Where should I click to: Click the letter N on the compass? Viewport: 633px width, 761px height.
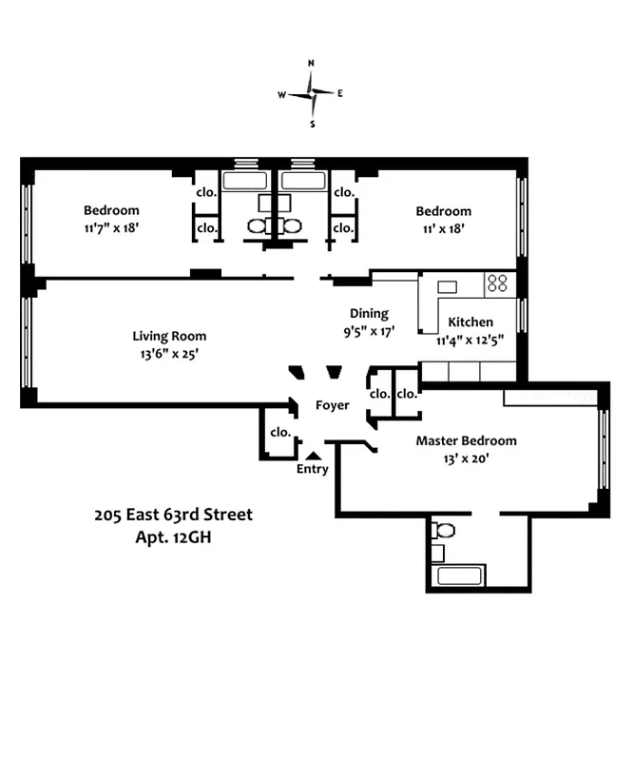tap(311, 64)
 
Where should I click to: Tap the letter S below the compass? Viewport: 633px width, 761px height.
tap(312, 124)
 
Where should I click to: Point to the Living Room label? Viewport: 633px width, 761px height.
tap(169, 336)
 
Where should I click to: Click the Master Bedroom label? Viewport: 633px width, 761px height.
tap(466, 440)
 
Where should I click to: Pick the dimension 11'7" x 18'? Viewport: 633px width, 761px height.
tap(111, 228)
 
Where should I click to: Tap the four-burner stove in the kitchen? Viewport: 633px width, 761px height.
tap(498, 283)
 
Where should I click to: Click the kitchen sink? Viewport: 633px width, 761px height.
tap(446, 286)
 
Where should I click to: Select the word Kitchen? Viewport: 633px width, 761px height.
tap(470, 322)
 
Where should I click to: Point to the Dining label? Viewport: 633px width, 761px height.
tap(369, 313)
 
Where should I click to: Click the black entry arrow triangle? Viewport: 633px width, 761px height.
tap(313, 456)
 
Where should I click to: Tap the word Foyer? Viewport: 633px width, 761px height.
tap(333, 405)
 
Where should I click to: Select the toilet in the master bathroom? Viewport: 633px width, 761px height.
tap(444, 531)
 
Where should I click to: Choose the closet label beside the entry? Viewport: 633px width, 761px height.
tap(279, 432)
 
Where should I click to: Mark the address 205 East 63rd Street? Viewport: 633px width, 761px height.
tap(173, 515)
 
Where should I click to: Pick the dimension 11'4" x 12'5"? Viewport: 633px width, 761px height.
tap(470, 340)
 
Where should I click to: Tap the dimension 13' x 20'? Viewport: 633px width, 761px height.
tap(466, 459)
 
